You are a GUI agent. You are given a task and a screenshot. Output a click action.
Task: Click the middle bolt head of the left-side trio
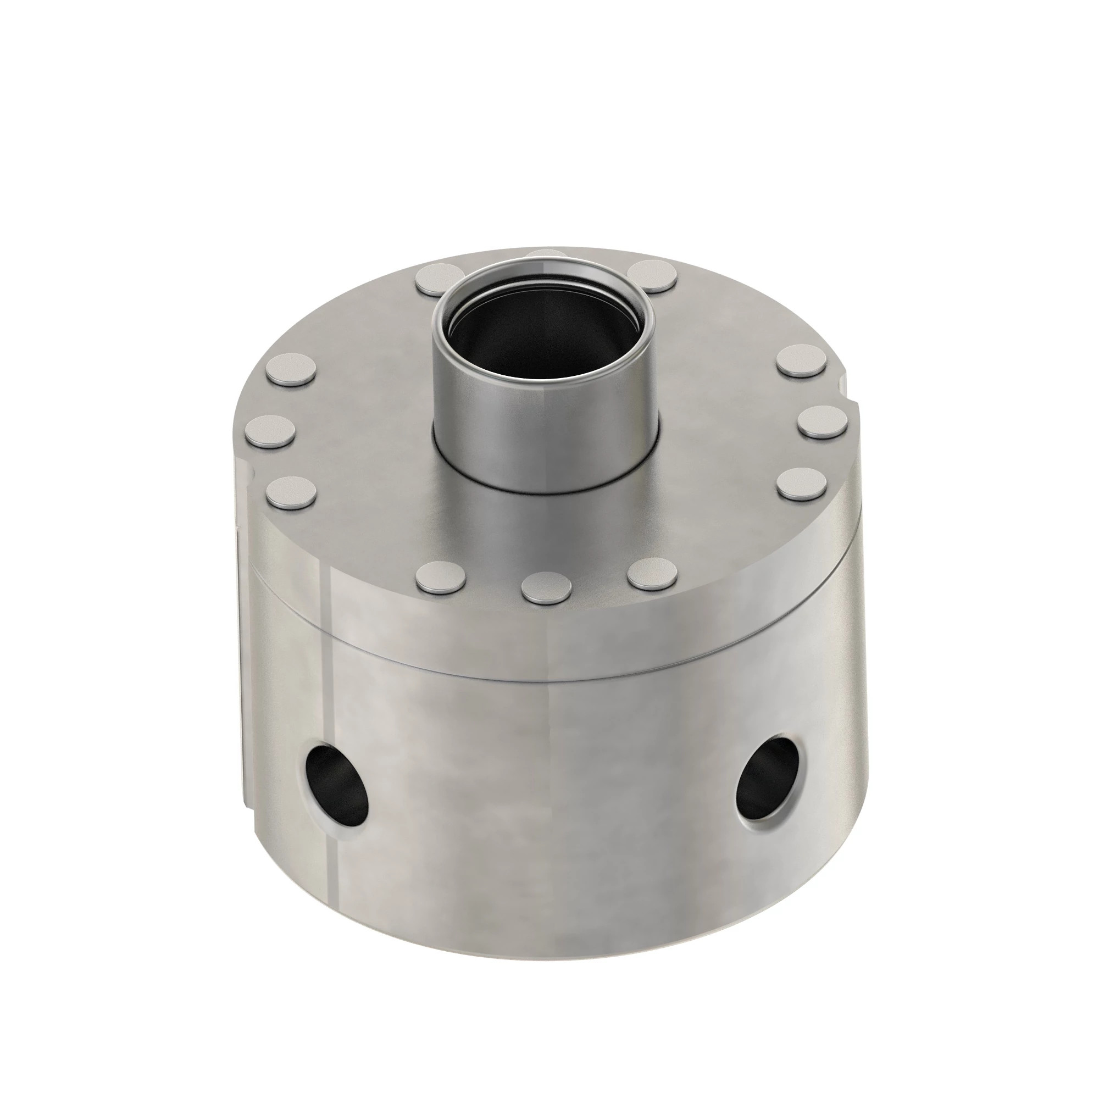click(x=271, y=430)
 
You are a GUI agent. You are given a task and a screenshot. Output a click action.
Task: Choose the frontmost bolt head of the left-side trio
click(x=291, y=492)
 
